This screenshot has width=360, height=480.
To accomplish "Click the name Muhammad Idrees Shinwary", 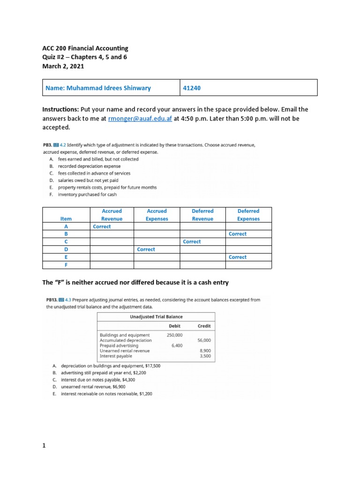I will click(x=98, y=88).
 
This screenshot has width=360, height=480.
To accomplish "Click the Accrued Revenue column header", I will click(x=112, y=215).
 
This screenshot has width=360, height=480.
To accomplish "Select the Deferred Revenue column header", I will click(x=202, y=215).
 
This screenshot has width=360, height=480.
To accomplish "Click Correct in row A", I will click(x=102, y=226).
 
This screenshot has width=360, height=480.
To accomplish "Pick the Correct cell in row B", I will click(x=238, y=234).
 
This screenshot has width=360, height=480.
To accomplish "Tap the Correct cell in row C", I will click(x=192, y=242).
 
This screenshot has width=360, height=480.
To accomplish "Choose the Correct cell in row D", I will click(x=146, y=249).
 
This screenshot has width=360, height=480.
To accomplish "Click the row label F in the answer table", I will click(x=66, y=265).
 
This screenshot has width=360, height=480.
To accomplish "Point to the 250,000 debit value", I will click(x=174, y=335).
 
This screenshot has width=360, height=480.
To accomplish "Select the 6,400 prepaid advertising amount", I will click(x=176, y=345).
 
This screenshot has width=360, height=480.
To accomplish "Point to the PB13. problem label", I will click(x=52, y=300).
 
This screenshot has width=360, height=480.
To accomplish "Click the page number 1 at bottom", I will click(x=44, y=446).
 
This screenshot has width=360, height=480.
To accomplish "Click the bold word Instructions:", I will click(x=60, y=109).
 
